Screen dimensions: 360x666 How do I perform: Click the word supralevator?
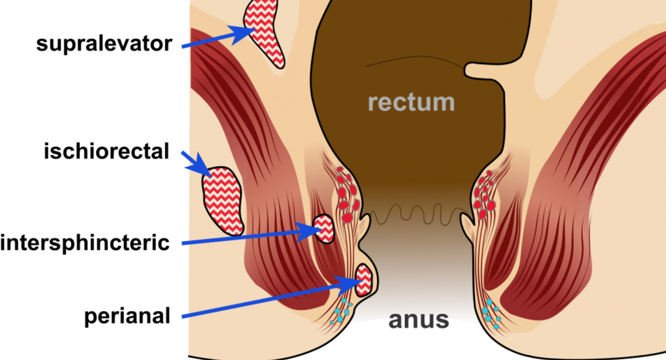tap(104, 44)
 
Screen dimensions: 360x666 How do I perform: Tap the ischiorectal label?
tap(107, 151)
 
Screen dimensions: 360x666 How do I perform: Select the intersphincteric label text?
tap(85, 243)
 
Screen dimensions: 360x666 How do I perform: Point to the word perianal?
tap(127, 316)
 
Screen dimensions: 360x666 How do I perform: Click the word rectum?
tap(411, 102)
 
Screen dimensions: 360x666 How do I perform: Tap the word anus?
tap(418, 320)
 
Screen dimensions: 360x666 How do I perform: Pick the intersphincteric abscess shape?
tap(324, 229)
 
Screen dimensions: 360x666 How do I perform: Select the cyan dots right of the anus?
tap(492, 314)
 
